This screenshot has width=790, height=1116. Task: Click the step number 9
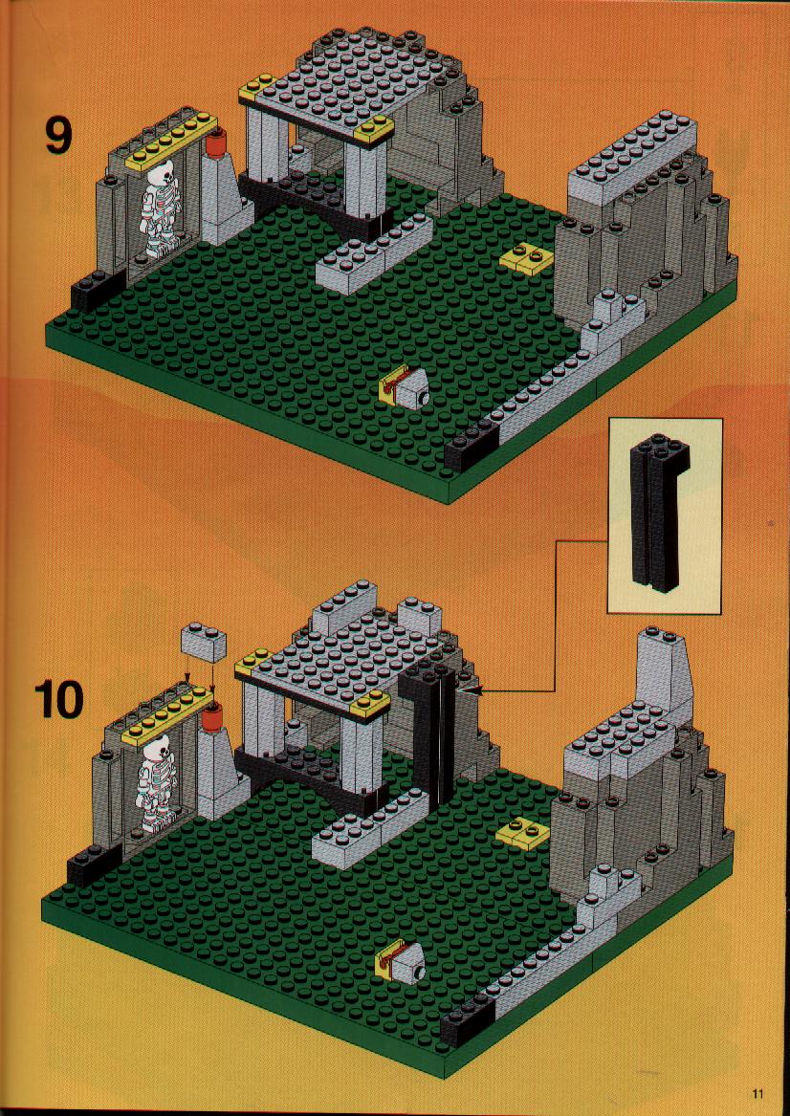[x=58, y=135]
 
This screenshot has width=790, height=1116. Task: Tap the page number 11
[x=757, y=1093]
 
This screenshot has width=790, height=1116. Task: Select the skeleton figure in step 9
[x=160, y=208]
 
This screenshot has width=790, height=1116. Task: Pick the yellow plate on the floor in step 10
[x=525, y=832]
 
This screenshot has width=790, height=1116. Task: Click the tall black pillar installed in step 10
[x=427, y=740]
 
